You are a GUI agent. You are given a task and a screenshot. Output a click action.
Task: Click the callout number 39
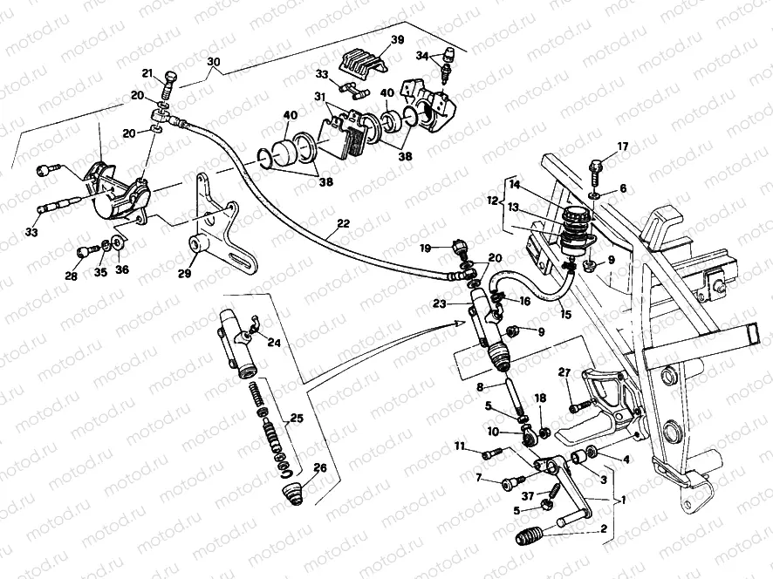tap(397, 39)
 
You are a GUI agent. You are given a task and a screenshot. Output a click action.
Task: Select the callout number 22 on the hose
tap(343, 223)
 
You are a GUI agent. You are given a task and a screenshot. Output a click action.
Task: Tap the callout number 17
tap(623, 146)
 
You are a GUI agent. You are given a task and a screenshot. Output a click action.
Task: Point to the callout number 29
tap(184, 273)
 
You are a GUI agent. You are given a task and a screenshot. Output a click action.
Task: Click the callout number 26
tap(320, 467)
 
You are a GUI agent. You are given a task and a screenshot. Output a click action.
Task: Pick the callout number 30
tap(214, 62)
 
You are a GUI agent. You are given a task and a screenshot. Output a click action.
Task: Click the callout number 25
tap(297, 419)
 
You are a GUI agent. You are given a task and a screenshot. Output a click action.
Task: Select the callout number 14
tap(515, 185)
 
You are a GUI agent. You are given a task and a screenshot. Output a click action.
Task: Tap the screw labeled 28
tap(84, 253)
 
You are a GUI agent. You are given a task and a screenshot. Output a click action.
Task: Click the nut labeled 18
tap(545, 433)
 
